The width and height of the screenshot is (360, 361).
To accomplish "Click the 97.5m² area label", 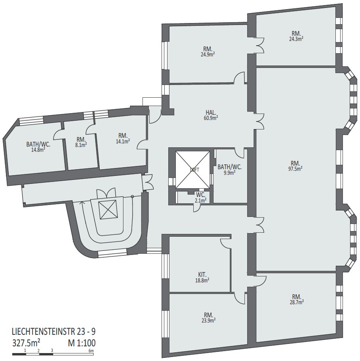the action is tap(295, 168).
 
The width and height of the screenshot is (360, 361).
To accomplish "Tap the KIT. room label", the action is tap(202, 274).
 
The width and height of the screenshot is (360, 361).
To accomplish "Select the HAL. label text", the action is tap(211, 112).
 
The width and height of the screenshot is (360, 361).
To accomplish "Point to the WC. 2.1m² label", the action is tap(201, 197).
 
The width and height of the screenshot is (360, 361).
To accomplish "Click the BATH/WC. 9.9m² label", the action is tap(229, 169).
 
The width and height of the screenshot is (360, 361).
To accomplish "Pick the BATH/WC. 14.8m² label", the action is tap(38, 147).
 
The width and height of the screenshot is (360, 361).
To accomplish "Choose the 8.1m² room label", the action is tap(81, 145).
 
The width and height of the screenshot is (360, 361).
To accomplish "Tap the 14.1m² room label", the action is tap(123, 141).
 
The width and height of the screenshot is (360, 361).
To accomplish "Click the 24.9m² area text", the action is tap(208, 54).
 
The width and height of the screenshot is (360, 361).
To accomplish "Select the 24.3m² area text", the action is tap(296, 39).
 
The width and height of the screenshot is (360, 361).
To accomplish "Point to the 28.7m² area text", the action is tap(297, 302).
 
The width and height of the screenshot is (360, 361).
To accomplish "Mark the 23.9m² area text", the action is tap(208, 320).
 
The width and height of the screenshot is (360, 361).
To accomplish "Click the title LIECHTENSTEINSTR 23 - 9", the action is tap(54, 332).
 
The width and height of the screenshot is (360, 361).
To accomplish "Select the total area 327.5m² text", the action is tap(26, 343).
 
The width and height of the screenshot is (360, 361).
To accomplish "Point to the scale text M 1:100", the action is tap(82, 343).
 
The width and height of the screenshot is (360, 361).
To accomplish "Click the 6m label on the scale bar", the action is tap(91, 351).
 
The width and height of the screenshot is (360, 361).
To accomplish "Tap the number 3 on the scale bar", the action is tap(52, 351).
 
